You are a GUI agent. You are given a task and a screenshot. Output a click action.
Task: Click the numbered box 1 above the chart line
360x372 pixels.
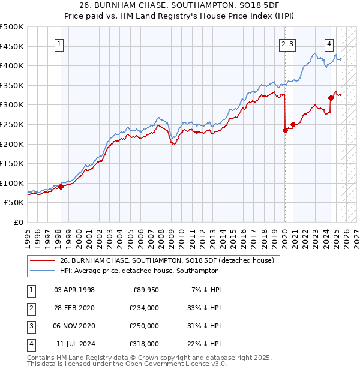60,43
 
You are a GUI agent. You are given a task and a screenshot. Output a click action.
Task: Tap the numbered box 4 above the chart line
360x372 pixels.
329,43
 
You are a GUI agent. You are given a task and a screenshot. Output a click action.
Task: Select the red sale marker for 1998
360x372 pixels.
61,187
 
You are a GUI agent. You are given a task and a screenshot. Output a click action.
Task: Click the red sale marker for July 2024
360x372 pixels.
331,98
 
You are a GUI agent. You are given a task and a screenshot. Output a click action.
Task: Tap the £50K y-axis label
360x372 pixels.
14,203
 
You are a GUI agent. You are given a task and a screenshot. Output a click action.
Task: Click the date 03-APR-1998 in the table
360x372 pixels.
74,290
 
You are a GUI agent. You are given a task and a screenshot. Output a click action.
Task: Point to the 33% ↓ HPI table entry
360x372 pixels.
205,308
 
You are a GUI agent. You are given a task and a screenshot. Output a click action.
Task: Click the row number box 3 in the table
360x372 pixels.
31,326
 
